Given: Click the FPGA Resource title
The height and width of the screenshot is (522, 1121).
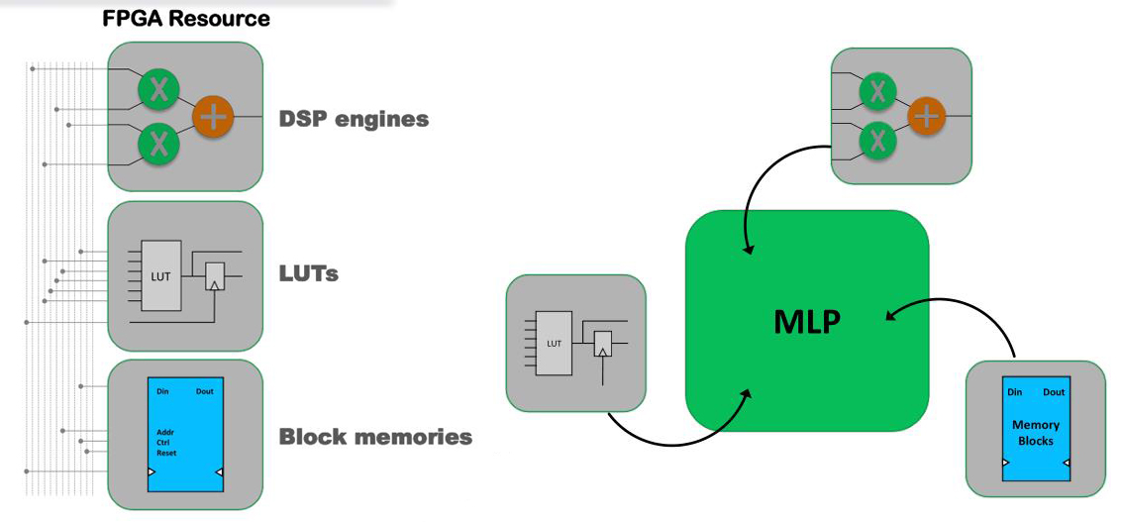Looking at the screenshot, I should click(x=186, y=19).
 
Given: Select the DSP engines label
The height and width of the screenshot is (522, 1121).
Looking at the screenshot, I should click(x=354, y=119).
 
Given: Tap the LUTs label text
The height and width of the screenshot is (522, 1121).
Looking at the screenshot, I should click(x=308, y=273).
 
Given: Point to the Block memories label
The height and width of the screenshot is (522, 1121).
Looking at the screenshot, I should click(x=375, y=436).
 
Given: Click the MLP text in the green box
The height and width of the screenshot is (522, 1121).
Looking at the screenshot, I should click(x=807, y=322).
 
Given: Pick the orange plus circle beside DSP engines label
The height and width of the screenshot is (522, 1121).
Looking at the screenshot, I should click(x=213, y=117).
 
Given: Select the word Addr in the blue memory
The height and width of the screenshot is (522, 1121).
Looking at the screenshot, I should click(x=165, y=433).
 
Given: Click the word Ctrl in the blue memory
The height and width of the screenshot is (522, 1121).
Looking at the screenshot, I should click(x=164, y=443).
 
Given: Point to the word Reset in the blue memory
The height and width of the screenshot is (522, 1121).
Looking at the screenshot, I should click(x=166, y=453).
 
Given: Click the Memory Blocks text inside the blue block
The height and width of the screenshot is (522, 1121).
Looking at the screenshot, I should click(x=1036, y=433).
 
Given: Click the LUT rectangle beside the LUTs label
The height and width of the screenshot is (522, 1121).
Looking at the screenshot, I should click(x=160, y=275).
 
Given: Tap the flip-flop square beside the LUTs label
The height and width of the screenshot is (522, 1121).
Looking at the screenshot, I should click(x=214, y=276).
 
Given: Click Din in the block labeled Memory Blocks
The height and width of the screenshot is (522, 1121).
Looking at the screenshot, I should click(x=1014, y=392).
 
